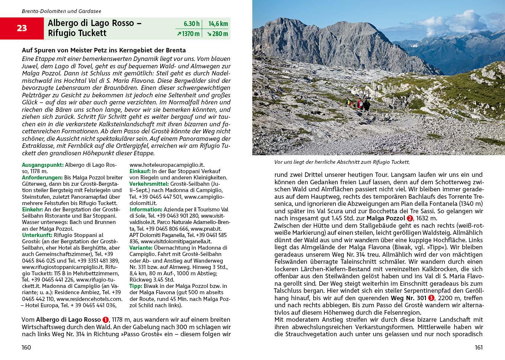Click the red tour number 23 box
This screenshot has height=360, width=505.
22,28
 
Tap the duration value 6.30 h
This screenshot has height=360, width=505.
191,24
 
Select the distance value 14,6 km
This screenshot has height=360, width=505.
218,24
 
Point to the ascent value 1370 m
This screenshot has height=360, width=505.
188,34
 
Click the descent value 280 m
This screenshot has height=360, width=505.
217,34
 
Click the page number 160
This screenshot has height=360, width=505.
26,347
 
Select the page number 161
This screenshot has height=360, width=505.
478,347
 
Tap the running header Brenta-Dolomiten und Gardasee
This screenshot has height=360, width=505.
61,11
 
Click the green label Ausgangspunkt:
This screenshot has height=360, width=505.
43,165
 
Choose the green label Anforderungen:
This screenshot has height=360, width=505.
42,178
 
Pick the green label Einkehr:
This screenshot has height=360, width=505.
33,210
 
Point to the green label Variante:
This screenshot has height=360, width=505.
141,248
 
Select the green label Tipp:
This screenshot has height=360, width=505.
136,286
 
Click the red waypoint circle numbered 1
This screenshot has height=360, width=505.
106,320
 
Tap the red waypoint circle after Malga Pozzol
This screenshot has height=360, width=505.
410,218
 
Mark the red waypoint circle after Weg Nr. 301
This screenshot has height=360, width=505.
431,298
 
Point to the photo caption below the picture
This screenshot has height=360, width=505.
342,162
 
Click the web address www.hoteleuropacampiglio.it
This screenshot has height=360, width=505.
167,165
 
